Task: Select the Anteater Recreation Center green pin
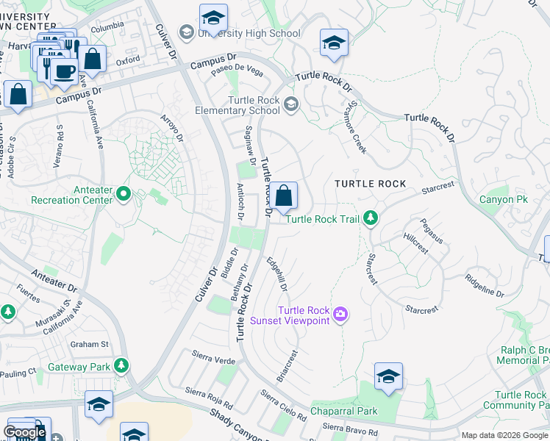coord(123,194)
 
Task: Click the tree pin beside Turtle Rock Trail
coord(371,218)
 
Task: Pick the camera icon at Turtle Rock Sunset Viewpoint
coord(339,315)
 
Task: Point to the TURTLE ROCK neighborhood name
coord(371,183)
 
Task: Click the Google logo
coord(24,432)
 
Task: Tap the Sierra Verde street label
coord(213,359)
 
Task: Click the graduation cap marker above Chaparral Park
coord(388,376)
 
